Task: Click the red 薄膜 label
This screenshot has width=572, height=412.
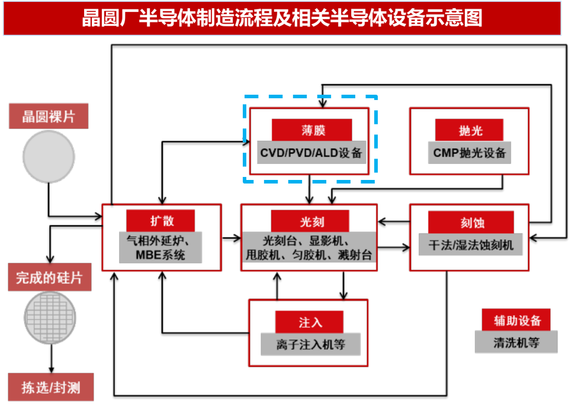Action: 311,130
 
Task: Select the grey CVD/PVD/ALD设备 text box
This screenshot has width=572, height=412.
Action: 311,153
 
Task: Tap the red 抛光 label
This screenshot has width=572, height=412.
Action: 469,130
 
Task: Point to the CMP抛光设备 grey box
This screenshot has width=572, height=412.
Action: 469,153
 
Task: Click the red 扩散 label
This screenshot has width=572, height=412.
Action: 160,221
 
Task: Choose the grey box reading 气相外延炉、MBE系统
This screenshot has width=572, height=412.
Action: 160,247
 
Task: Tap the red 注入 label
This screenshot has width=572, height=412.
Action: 309,322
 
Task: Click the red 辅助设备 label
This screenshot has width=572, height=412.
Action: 516,320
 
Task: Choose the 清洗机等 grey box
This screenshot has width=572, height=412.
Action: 516,342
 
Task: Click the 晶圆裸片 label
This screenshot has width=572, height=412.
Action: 49,116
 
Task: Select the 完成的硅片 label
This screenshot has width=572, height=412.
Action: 49,277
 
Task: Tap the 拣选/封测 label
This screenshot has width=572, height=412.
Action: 50,388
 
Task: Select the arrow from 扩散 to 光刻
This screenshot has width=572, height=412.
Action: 231,238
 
